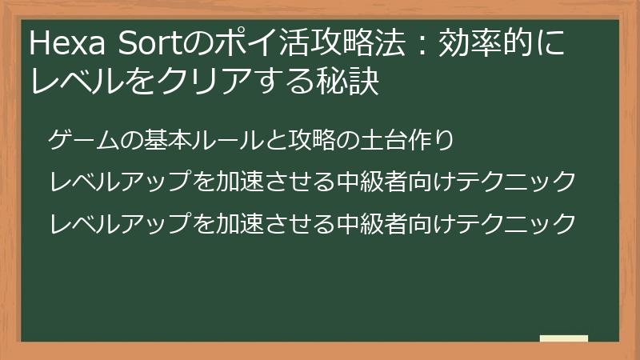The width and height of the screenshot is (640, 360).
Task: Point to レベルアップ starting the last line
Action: point(119,222)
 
